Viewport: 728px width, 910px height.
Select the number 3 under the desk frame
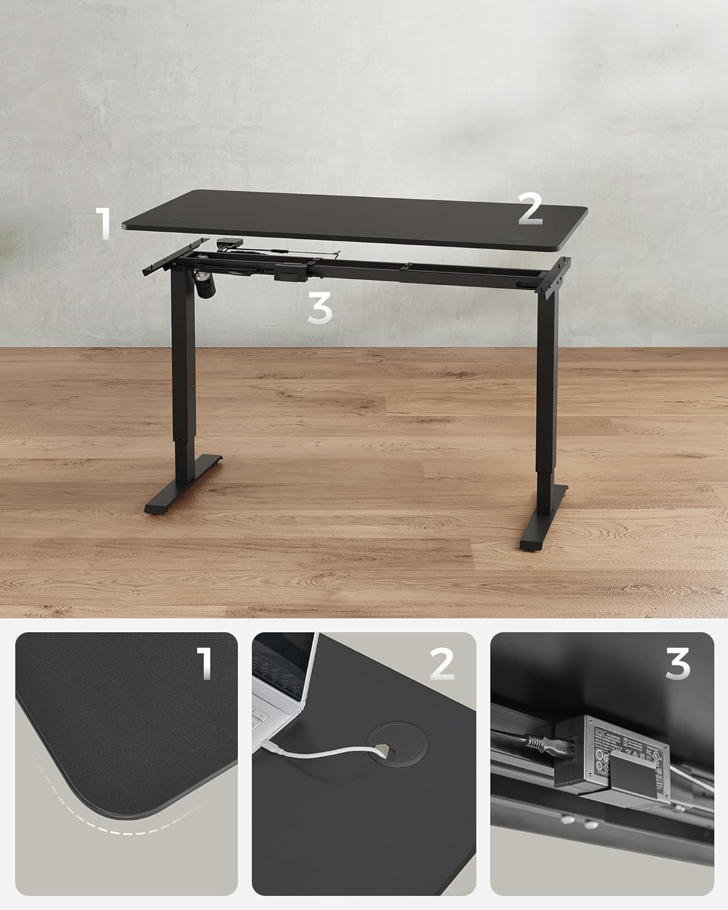320,309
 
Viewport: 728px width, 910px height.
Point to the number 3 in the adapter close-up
677,664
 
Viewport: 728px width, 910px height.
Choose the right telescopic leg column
547,388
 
